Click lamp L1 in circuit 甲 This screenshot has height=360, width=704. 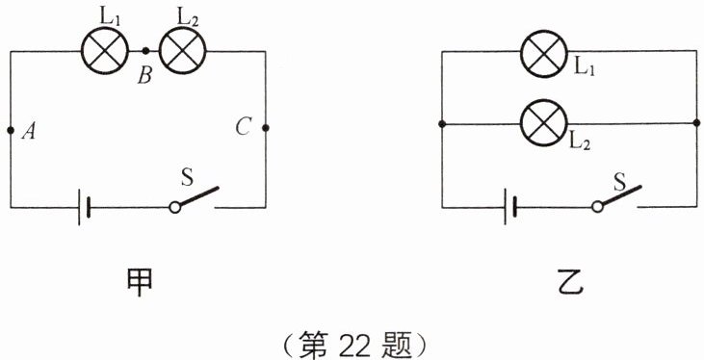coord(100,51)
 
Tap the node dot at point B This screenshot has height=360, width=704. coord(144,51)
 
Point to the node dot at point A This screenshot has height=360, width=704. coord(11,128)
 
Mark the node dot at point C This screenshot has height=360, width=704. coord(265,127)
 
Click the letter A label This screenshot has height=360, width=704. coord(29,133)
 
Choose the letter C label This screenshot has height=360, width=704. coord(243,126)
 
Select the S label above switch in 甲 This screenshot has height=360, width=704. coord(188,176)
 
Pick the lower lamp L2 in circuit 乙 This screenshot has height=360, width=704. coord(543,123)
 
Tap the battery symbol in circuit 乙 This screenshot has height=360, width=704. coord(510,207)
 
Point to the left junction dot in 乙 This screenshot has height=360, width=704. coord(441,124)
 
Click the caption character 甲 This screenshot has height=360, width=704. coord(138,280)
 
